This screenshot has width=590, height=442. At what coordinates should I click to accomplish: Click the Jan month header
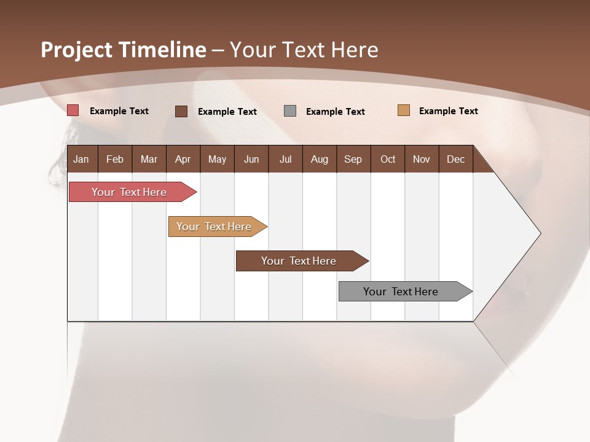tap(82, 159)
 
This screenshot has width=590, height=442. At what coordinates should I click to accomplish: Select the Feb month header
tap(115, 159)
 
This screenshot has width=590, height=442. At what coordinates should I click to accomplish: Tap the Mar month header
tap(149, 159)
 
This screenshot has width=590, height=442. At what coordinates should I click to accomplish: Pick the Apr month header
tap(183, 159)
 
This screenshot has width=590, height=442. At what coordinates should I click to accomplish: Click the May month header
tap(217, 159)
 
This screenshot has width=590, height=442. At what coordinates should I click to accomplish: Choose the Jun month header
tap(251, 159)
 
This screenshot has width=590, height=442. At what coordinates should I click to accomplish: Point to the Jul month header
tap(285, 159)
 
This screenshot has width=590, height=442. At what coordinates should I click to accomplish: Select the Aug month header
tap(320, 159)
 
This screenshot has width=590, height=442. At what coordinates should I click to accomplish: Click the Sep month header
tap(353, 159)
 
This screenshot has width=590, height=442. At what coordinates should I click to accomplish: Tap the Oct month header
tap(388, 159)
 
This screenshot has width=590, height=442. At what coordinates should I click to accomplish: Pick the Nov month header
tap(422, 159)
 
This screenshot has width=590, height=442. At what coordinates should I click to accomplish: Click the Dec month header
tap(456, 159)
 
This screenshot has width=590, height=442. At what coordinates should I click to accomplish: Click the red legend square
tap(73, 110)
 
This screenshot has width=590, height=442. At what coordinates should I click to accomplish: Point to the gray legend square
tap(290, 111)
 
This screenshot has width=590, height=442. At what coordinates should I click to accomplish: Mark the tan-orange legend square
tap(404, 110)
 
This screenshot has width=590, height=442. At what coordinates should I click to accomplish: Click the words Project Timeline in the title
tap(124, 50)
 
